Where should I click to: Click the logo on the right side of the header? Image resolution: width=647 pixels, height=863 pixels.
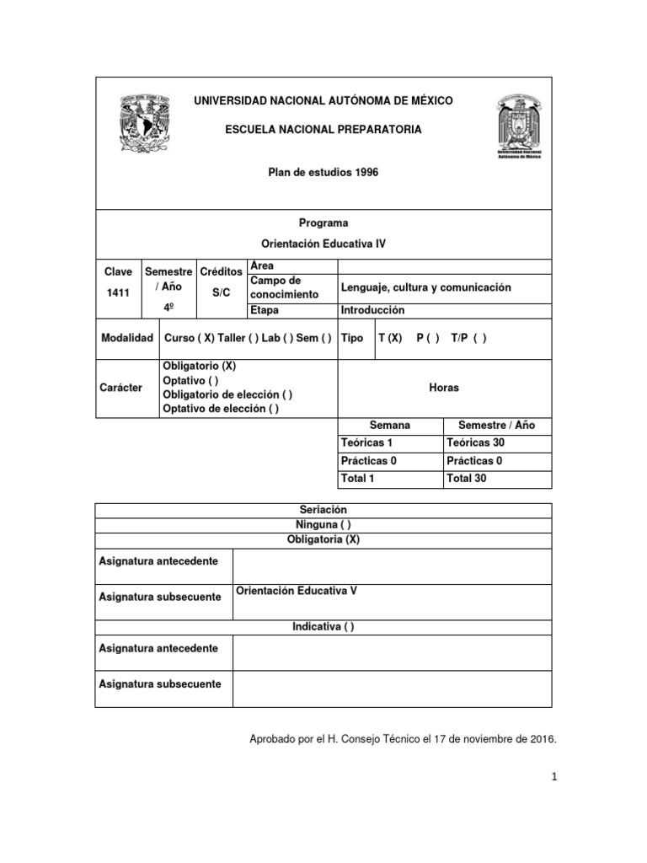pyautogui.click(x=519, y=126)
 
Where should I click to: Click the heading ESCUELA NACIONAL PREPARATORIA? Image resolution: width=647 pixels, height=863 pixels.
pyautogui.click(x=323, y=130)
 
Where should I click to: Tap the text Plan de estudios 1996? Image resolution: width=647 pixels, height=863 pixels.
pyautogui.click(x=323, y=172)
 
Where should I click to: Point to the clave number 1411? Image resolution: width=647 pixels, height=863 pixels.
pyautogui.click(x=118, y=292)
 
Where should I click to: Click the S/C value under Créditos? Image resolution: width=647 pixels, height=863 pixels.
pyautogui.click(x=221, y=292)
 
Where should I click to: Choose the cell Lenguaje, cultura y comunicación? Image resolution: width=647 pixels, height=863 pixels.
pyautogui.click(x=426, y=287)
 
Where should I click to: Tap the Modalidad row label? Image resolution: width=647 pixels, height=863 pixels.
pyautogui.click(x=126, y=338)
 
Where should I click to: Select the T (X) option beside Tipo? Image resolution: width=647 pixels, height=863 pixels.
pyautogui.click(x=390, y=338)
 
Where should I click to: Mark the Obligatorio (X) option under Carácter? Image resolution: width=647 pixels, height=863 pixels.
pyautogui.click(x=199, y=367)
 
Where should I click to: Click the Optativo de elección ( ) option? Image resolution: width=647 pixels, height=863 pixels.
pyautogui.click(x=220, y=409)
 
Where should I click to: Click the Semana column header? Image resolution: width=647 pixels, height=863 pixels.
pyautogui.click(x=390, y=426)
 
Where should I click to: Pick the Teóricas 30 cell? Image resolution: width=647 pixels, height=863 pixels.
pyautogui.click(x=476, y=442)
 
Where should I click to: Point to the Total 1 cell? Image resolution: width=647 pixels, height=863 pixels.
pyautogui.click(x=357, y=479)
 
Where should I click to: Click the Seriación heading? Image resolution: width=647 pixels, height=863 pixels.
pyautogui.click(x=323, y=511)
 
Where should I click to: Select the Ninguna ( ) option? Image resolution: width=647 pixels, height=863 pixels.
pyautogui.click(x=323, y=525)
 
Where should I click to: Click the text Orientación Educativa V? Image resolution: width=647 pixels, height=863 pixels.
pyautogui.click(x=296, y=591)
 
